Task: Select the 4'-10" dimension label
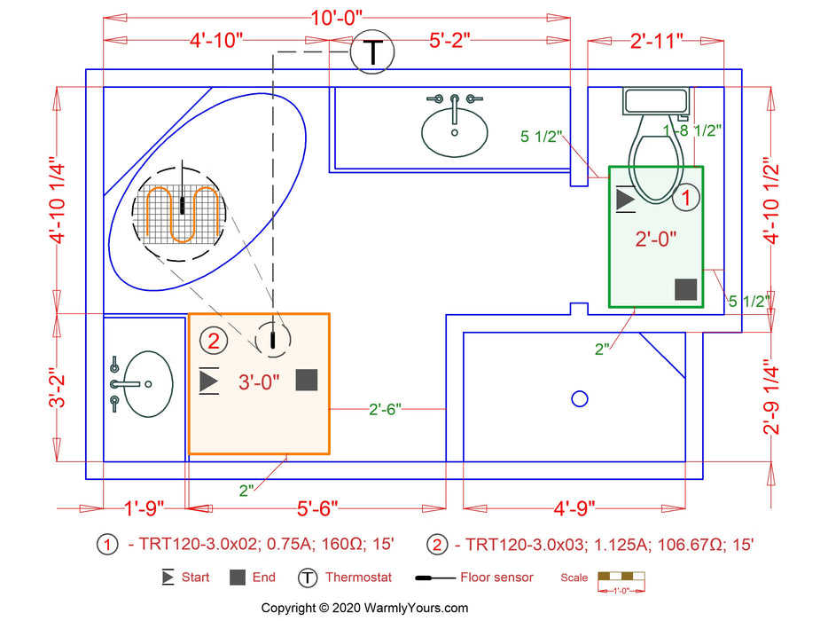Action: point(215,41)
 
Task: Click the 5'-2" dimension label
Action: point(449,41)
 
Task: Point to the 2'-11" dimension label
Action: point(656,41)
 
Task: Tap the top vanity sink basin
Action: point(454,132)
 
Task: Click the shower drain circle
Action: point(580,398)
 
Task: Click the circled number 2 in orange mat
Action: point(213,340)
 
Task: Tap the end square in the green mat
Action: point(684,289)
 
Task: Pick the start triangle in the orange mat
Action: point(209,381)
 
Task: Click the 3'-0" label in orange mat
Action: point(259,382)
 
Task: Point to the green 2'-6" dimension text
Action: point(386,409)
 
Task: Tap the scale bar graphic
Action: point(621,578)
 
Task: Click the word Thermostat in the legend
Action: point(358,578)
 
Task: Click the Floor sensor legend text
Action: point(496,578)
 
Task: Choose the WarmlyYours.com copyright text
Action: point(364,608)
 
